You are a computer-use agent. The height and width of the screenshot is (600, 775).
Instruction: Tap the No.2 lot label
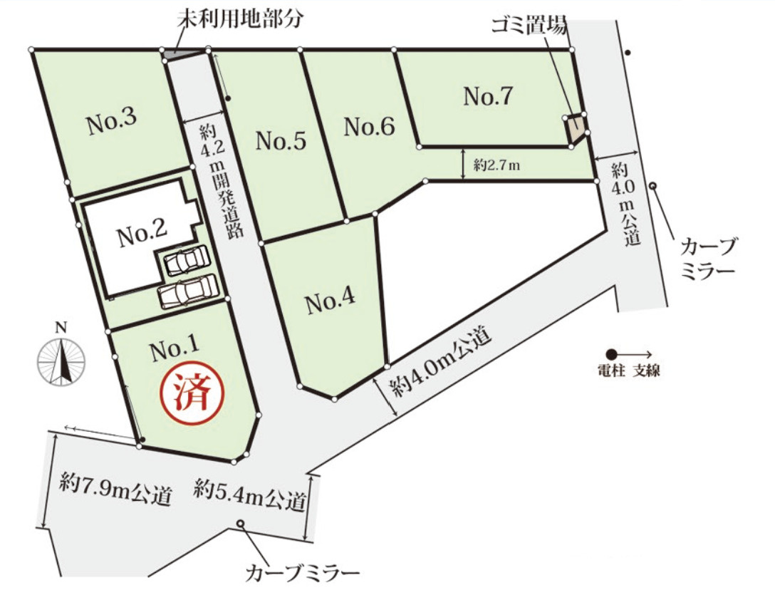tap(142, 233)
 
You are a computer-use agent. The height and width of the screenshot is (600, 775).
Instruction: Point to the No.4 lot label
tap(331, 303)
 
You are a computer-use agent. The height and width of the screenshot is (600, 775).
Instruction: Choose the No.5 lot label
tap(281, 142)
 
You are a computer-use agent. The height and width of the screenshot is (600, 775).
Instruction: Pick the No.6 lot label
tap(369, 128)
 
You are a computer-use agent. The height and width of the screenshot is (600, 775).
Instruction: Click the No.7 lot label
tap(488, 96)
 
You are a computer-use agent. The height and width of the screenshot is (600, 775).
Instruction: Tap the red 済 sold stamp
tap(192, 393)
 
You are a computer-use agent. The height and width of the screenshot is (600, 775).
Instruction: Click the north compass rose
tap(62, 359)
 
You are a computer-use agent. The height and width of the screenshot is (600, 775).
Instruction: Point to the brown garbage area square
tap(576, 129)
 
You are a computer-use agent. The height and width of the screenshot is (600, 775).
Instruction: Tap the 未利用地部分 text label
tap(240, 18)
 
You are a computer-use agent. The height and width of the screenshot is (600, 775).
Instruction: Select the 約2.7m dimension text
tap(496, 165)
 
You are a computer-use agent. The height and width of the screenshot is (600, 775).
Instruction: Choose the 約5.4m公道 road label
tap(249, 497)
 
